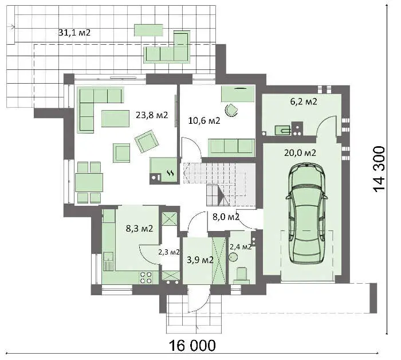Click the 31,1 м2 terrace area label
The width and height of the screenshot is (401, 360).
pyautogui.click(x=74, y=33)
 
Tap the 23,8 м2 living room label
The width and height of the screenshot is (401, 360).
pyautogui.click(x=152, y=115)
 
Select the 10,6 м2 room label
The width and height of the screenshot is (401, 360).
pyautogui.click(x=204, y=120)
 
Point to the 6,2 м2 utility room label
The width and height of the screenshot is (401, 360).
pyautogui.click(x=304, y=101)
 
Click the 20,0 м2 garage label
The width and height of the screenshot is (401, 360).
pyautogui.click(x=300, y=153)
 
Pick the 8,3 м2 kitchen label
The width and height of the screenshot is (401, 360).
pyautogui.click(x=139, y=228)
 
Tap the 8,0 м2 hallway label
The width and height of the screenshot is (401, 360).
pyautogui.click(x=226, y=217)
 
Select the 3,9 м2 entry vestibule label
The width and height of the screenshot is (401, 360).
pyautogui.click(x=200, y=260)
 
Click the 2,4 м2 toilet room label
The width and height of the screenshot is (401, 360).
pyautogui.click(x=241, y=247)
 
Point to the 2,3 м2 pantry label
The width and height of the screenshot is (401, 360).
pyautogui.click(x=169, y=252)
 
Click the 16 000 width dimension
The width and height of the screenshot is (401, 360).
pyautogui.click(x=192, y=346)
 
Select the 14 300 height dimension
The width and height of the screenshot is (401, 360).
pyautogui.click(x=379, y=169)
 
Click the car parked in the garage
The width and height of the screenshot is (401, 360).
pyautogui.click(x=306, y=214)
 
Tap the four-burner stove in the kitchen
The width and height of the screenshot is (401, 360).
pyautogui.click(x=146, y=278)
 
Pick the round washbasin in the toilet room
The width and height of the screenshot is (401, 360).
pyautogui.click(x=233, y=257)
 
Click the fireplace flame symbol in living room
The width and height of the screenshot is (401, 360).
pyautogui.click(x=171, y=173)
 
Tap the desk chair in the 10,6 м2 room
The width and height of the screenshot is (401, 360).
pyautogui.click(x=231, y=110)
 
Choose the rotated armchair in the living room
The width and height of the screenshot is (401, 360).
pyautogui.click(x=147, y=141)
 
